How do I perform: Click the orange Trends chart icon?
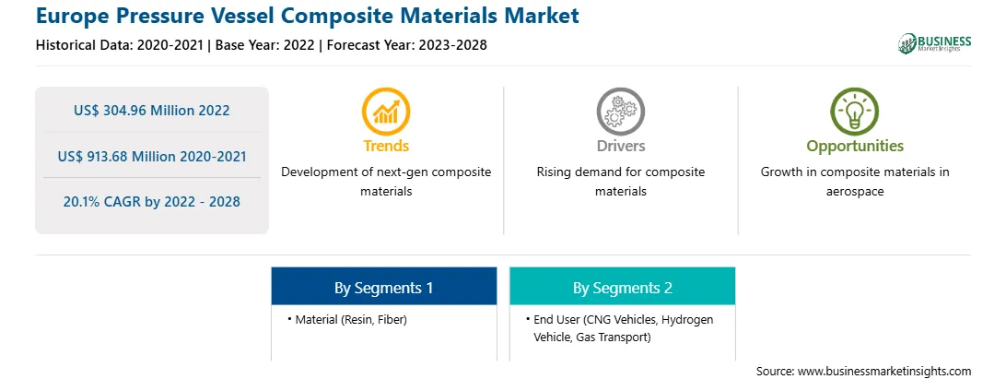[x=386, y=112]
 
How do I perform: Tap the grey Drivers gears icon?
[x=620, y=112]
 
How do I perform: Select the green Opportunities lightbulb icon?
[x=855, y=112]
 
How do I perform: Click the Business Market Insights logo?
[x=935, y=43]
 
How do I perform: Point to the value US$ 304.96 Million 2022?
[x=151, y=111]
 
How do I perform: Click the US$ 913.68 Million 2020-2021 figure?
[x=151, y=156]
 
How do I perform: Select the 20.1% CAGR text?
[x=151, y=202]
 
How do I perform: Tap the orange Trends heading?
[x=386, y=146]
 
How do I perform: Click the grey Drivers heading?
[x=620, y=146]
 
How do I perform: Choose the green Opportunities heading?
[x=855, y=147]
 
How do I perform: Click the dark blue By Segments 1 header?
[x=383, y=287]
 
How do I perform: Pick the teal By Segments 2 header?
[x=623, y=287]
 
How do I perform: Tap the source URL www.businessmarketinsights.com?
[x=885, y=372]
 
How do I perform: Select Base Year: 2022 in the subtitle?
[x=264, y=45]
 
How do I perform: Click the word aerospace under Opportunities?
[x=855, y=192]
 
